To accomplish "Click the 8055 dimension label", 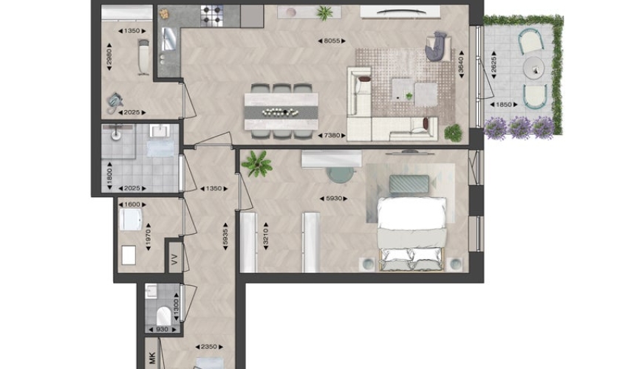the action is point(332,41).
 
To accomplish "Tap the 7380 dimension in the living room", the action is point(332,136).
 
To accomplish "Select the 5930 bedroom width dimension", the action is point(334,199).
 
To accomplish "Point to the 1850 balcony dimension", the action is point(504,105).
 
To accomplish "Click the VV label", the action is point(174,259).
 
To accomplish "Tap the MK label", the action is point(151,358).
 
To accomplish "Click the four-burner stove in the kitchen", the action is point(212,16).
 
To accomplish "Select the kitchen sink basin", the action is point(168,39).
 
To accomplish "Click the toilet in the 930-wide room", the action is point(163,316).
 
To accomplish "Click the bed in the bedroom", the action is point(412,234).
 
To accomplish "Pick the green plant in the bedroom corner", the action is point(256,164).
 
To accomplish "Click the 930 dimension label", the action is point(162,330).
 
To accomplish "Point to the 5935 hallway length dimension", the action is point(225,236).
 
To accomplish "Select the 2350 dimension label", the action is point(208,347).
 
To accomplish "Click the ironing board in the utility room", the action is point(143,58).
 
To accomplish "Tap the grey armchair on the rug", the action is point(437,46).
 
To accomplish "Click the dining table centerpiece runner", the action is point(281,112).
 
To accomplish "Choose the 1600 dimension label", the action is point(132,204).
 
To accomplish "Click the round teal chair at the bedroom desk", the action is point(341,174).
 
